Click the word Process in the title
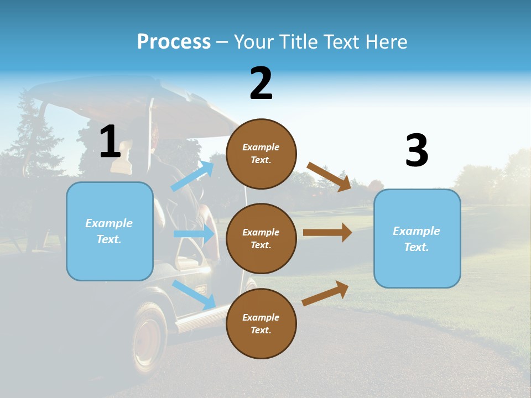click(x=174, y=42)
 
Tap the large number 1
click(x=110, y=142)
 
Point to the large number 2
click(x=261, y=83)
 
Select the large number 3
click(x=417, y=150)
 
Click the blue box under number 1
click(x=110, y=231)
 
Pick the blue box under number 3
click(x=417, y=238)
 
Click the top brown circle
click(x=261, y=154)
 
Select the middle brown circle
click(x=261, y=238)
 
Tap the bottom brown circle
click(x=261, y=323)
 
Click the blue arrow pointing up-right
click(x=192, y=176)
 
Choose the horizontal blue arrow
click(x=194, y=234)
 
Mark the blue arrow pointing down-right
click(x=194, y=294)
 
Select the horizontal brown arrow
click(x=327, y=233)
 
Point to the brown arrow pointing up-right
click(x=325, y=293)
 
